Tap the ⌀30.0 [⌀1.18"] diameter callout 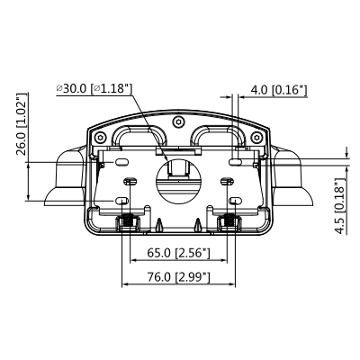point(94,88)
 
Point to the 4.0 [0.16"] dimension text point(279,90)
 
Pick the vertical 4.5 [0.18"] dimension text point(339,206)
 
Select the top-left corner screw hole point(98,134)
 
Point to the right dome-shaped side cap point(298,180)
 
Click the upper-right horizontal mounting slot point(235,162)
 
